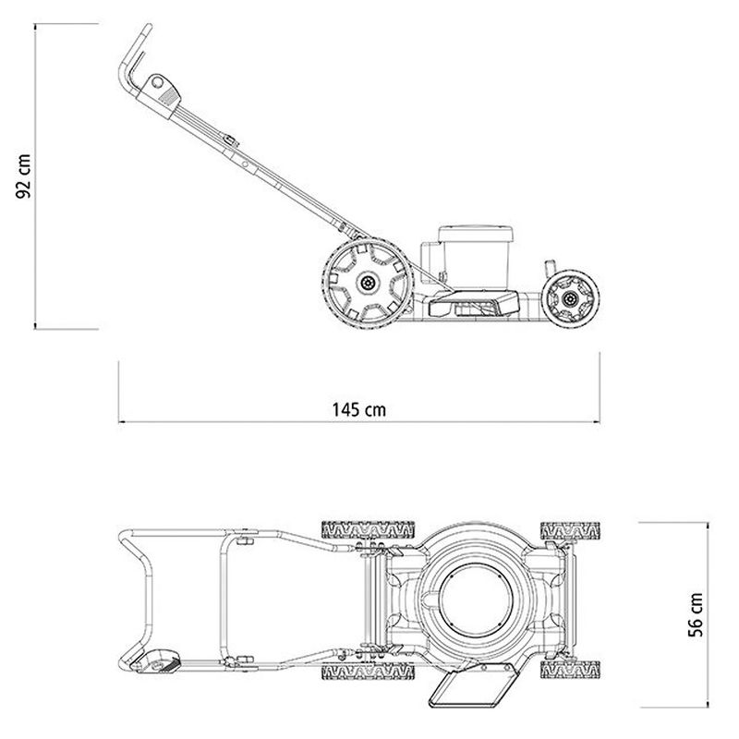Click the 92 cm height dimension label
coord(24,176)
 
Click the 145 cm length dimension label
coord(359,409)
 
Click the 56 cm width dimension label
coord(696,615)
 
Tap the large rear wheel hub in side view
coord(368,283)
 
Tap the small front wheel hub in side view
coord(570,298)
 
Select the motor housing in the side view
coord(475,257)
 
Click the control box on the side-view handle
coord(160,95)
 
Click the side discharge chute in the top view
coord(474,684)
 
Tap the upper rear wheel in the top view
coord(368,530)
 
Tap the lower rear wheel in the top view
coord(368,672)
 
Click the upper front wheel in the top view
coord(570,530)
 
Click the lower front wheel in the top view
coord(570,670)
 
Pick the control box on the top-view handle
coord(155,662)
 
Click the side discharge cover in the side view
coord(474,303)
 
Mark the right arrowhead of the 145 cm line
coord(597,421)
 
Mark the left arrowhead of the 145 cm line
coord(121,421)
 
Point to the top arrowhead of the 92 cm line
coord(35,27)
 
